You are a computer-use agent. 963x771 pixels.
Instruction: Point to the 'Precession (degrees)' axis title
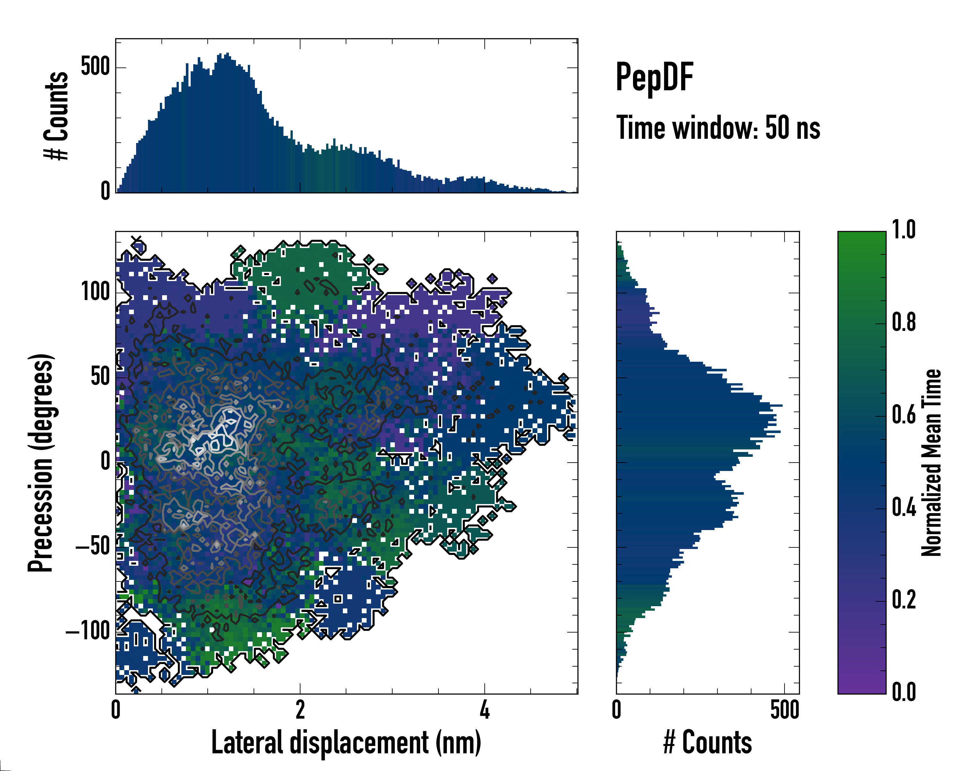coord(41,463)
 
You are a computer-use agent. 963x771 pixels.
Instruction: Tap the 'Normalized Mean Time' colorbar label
coord(931,463)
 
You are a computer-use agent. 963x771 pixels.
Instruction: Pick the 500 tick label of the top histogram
coord(95,67)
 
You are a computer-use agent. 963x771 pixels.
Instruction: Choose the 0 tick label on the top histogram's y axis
coord(105,191)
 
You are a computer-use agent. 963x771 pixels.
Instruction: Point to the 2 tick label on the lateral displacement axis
coord(300,710)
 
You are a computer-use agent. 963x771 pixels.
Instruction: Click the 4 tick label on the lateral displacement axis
coord(485,710)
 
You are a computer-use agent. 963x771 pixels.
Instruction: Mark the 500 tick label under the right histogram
coord(785,710)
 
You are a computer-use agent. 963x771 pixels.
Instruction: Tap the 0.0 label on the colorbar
coord(904,692)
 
